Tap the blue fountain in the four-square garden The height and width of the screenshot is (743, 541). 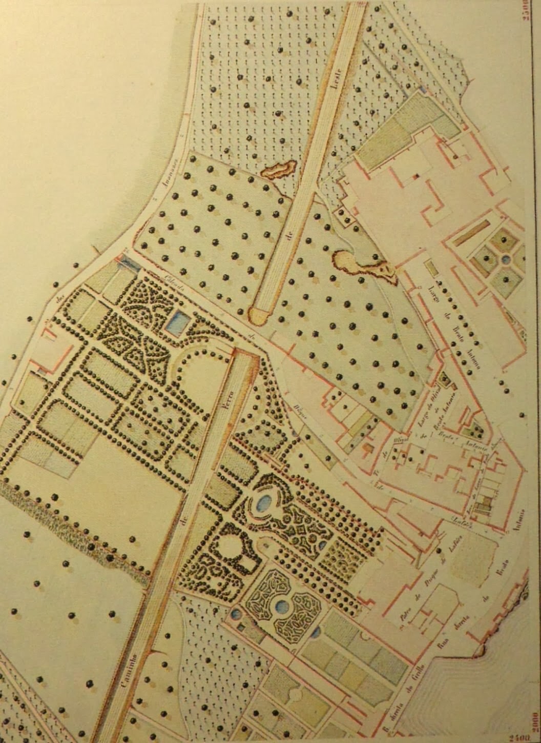point(506,259)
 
